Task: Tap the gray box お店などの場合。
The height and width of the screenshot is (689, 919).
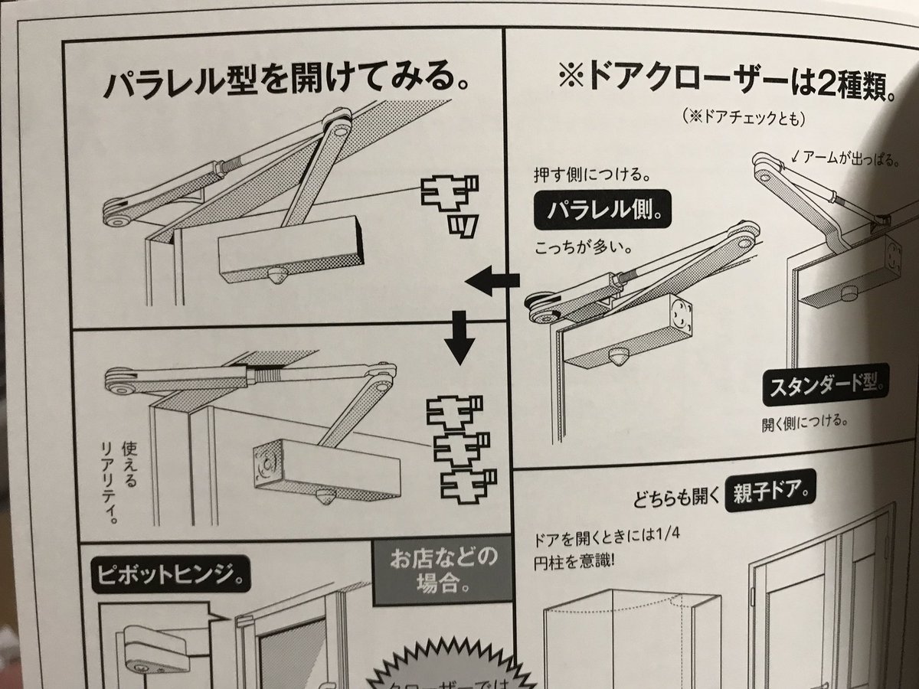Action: click(x=442, y=571)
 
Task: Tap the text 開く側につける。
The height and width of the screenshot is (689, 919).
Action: click(x=807, y=421)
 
